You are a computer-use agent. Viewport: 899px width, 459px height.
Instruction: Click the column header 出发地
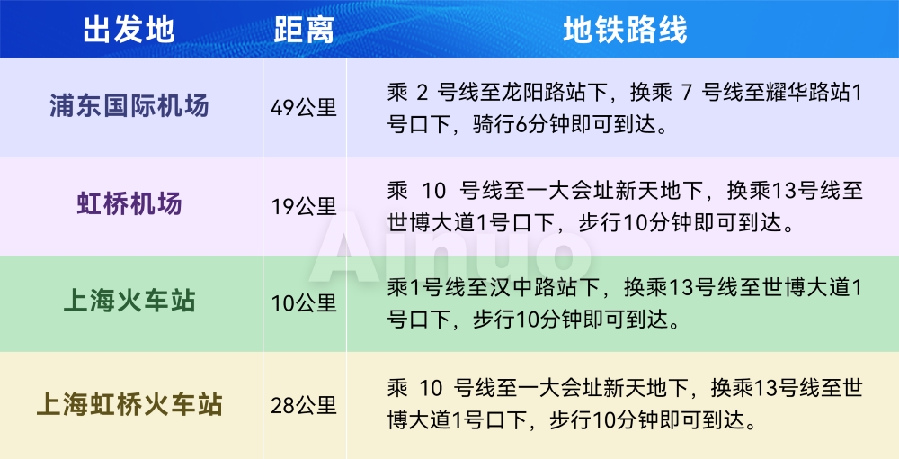(129, 30)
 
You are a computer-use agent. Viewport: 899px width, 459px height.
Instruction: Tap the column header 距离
(304, 30)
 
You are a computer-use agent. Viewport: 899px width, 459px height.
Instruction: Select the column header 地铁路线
(625, 30)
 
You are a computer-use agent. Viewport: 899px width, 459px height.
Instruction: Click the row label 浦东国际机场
(129, 107)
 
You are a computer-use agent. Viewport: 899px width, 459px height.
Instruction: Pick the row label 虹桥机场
(129, 203)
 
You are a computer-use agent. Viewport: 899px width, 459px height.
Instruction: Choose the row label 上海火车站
(129, 301)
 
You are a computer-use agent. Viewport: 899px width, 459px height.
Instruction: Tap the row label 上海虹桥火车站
(129, 404)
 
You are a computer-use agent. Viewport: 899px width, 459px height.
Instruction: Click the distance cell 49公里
(304, 107)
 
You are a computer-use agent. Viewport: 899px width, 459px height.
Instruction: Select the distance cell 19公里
(304, 206)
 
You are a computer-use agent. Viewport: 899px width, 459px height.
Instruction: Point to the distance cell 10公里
(304, 303)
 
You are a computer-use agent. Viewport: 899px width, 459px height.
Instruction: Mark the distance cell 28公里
(304, 406)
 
